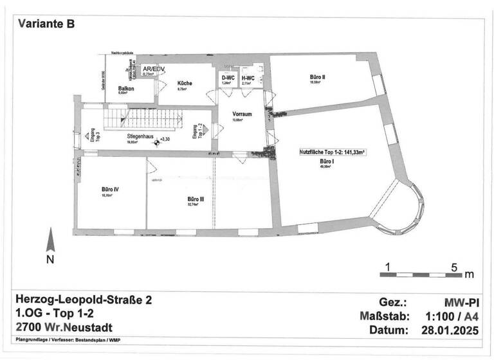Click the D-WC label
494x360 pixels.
[x=226, y=78]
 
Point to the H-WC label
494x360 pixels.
[x=248, y=78]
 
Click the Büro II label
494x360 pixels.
[x=317, y=77]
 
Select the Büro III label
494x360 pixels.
[x=196, y=200]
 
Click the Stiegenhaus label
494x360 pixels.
[x=141, y=137]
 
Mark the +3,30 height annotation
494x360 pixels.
[x=165, y=139]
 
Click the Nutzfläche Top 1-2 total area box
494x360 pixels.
[x=331, y=153]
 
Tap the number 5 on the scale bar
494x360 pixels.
[x=453, y=266]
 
